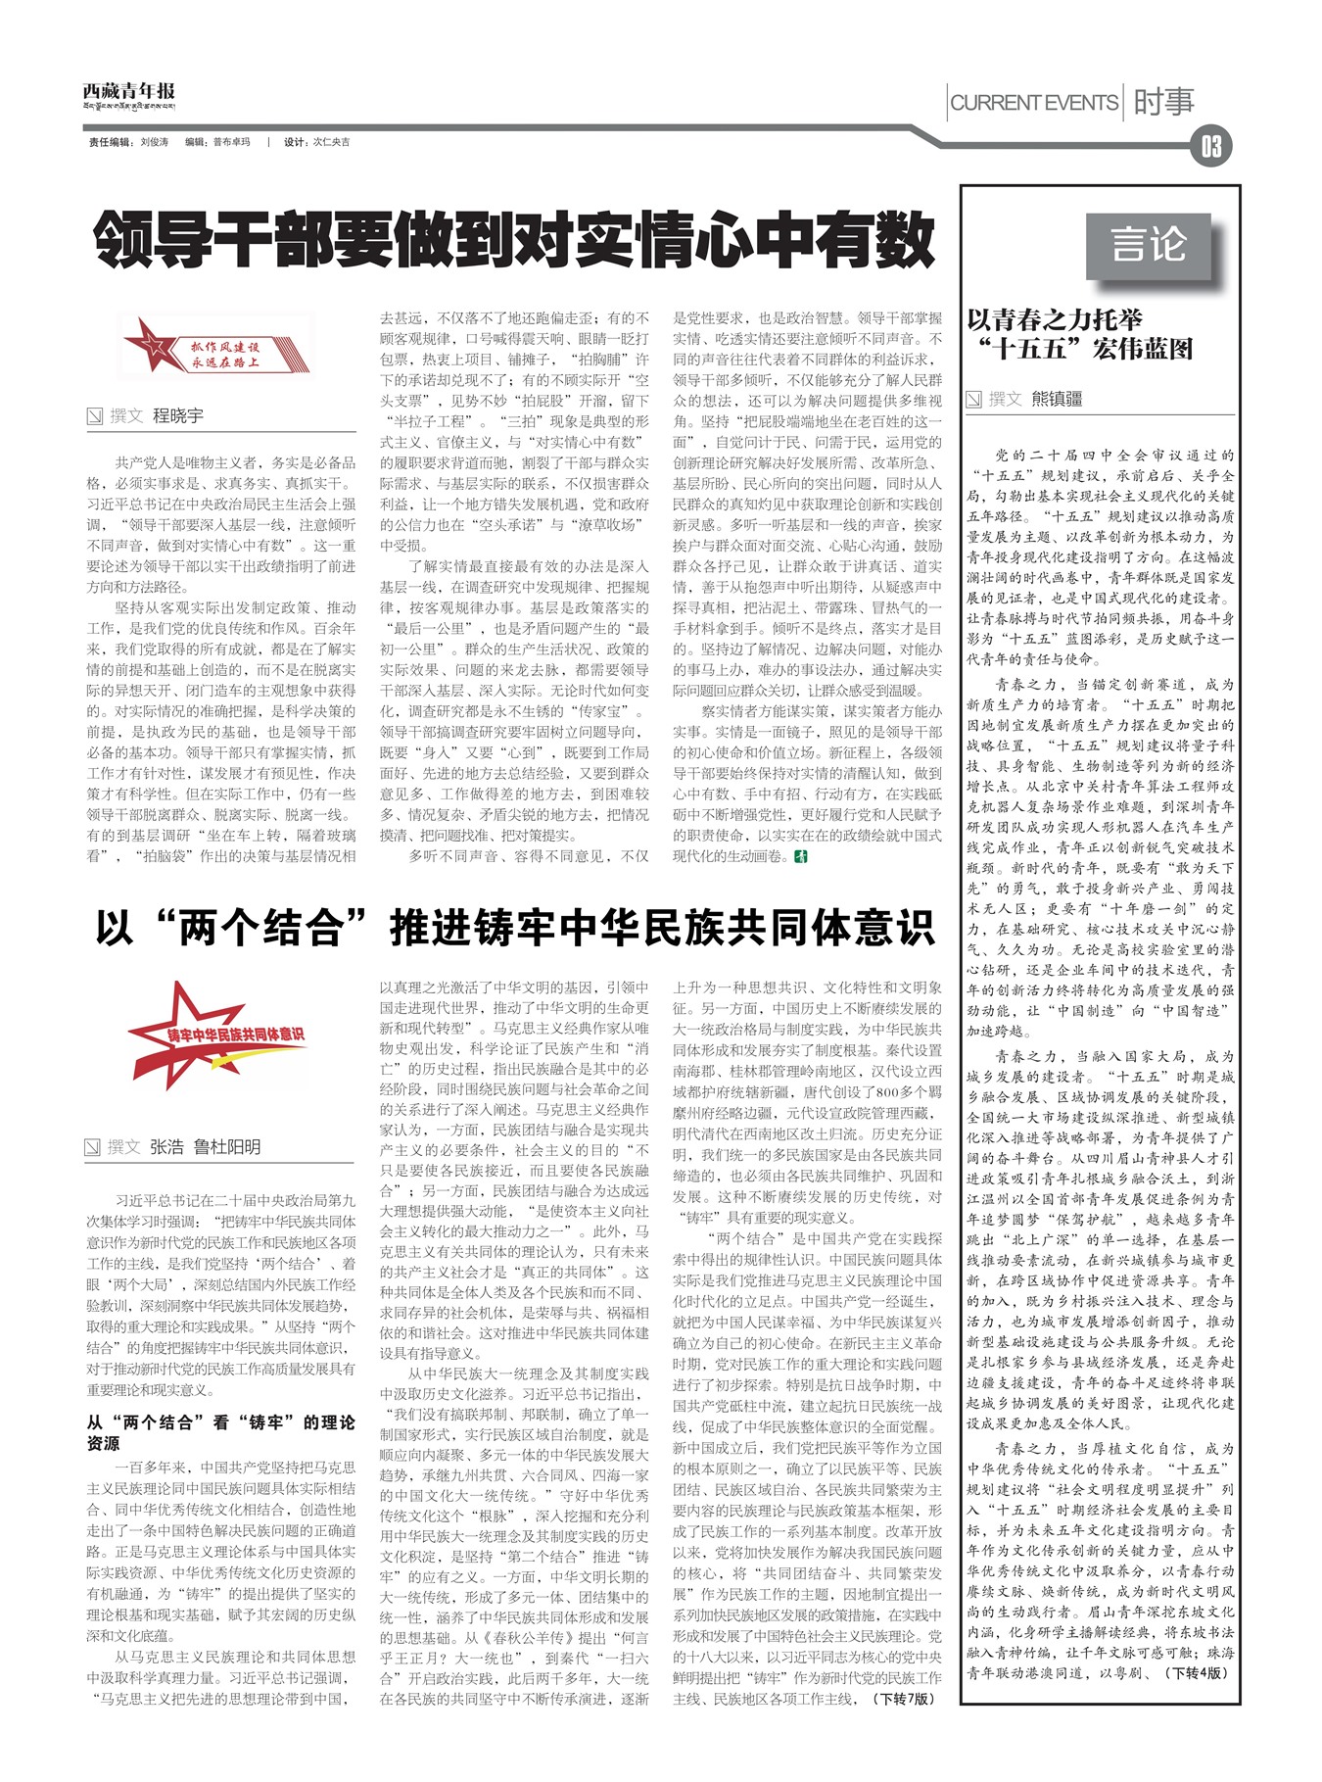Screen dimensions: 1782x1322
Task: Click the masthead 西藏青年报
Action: [129, 94]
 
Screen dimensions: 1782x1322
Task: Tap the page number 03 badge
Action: [1210, 147]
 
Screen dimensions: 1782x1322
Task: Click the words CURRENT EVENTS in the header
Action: [1034, 102]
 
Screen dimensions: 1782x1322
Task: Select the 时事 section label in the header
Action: [1163, 102]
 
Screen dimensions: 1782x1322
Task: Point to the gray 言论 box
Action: [1149, 244]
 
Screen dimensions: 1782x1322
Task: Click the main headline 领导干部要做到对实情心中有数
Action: [514, 239]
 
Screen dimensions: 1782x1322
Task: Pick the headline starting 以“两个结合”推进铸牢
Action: [514, 927]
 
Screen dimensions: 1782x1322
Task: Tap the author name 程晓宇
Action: [178, 415]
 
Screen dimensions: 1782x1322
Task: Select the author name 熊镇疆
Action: [1057, 399]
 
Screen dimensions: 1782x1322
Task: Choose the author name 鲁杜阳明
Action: [227, 1146]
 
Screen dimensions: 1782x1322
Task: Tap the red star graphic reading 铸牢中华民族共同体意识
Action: [220, 1035]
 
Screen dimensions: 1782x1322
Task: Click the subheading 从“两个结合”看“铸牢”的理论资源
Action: [220, 1432]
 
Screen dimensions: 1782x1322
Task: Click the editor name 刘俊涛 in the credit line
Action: [154, 142]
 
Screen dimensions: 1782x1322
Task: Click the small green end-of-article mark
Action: [801, 856]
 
